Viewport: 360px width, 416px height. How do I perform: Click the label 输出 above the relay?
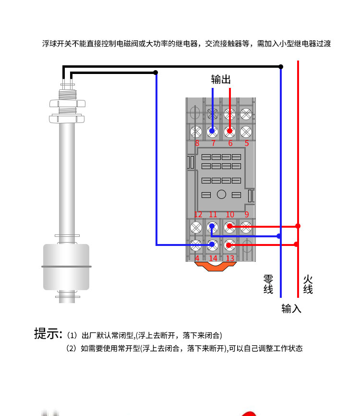click(x=221, y=79)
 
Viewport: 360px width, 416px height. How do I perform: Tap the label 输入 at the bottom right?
click(x=291, y=309)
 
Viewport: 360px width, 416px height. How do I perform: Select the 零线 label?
click(x=268, y=284)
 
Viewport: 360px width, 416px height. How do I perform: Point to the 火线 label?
click(x=308, y=284)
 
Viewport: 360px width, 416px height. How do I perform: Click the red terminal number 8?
click(x=197, y=143)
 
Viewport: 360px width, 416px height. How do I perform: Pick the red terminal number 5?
click(x=247, y=143)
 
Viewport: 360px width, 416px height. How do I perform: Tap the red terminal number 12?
click(x=198, y=214)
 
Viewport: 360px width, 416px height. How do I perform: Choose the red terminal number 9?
click(x=247, y=214)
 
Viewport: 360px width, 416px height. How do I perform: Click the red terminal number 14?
click(x=213, y=258)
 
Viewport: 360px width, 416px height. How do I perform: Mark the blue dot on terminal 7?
click(x=212, y=131)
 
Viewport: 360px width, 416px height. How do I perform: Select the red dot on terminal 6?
click(x=229, y=131)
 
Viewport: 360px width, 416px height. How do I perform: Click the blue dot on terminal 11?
click(x=212, y=226)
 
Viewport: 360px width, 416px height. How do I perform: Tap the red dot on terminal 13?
click(x=229, y=245)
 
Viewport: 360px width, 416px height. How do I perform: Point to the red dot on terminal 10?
click(x=229, y=226)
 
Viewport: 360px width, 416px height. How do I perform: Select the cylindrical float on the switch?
click(x=66, y=267)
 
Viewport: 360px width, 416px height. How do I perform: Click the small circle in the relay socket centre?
click(x=221, y=195)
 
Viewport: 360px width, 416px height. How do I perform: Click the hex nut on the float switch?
click(x=67, y=103)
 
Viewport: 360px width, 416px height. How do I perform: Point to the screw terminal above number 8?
click(x=196, y=132)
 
